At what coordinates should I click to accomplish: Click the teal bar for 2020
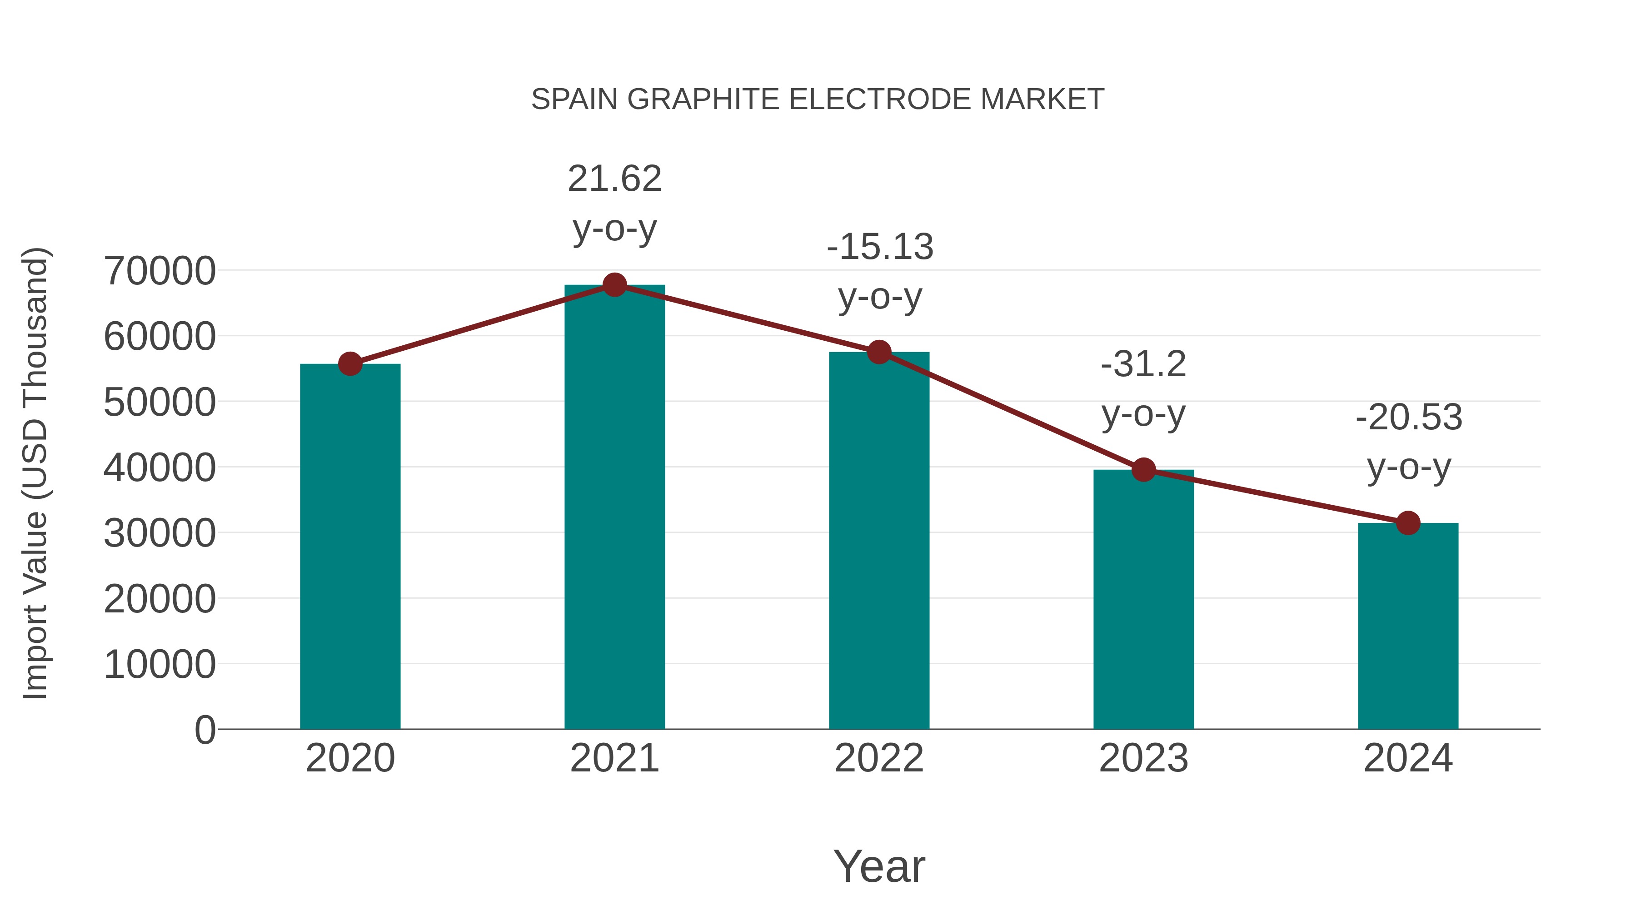coord(350,546)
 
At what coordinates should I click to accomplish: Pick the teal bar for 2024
coord(1408,626)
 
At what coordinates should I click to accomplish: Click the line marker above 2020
coord(350,364)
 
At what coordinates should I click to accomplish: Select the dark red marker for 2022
coord(879,352)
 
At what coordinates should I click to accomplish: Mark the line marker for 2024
coord(1408,523)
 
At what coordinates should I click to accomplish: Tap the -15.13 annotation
coord(880,247)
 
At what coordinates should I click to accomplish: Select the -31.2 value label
coord(1143,364)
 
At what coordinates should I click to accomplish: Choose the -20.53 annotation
coord(1409,418)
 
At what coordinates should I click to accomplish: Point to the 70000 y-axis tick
coord(160,271)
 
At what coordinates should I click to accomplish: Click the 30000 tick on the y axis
coord(160,533)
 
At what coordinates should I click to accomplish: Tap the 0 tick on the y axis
coord(204,730)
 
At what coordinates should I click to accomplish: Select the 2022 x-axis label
coord(879,758)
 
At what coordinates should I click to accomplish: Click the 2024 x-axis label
coord(1408,758)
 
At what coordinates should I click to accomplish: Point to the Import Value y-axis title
coord(35,473)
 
